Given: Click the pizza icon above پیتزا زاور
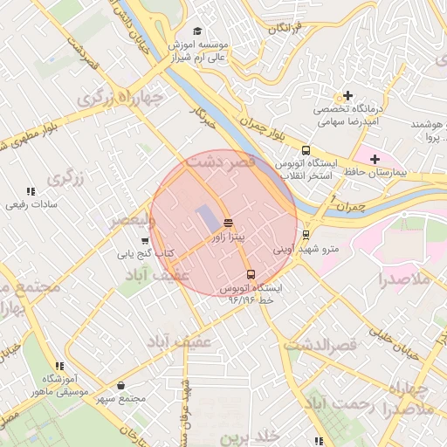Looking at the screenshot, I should pos(228,223).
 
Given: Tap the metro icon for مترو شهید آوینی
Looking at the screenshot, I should pos(306,234).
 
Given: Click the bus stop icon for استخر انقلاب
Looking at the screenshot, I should pos(306,150).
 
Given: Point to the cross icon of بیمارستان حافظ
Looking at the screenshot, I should pos(375,158).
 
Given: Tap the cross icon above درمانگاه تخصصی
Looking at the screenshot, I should pos(347,95).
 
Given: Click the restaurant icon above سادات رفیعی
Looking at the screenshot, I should pos(31,191).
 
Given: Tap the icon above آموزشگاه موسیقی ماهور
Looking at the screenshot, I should pos(58,366).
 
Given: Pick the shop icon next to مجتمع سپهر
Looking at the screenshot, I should pos(120,385).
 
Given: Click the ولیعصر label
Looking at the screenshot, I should pos(131,222).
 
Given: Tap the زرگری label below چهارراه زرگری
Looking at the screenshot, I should pos(65,178).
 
